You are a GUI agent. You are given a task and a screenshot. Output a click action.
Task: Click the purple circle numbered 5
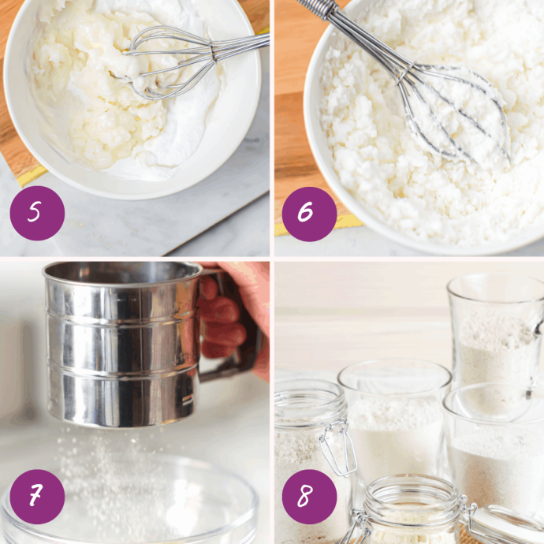(37, 213)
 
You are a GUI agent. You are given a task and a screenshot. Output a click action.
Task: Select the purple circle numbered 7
(37, 497)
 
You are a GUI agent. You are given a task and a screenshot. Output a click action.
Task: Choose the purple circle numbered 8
(310, 497)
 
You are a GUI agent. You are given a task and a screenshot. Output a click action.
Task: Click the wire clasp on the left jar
(338, 448)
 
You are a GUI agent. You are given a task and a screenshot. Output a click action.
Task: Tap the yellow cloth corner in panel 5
(31, 175)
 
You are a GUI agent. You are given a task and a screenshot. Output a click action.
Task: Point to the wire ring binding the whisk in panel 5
(212, 53)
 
